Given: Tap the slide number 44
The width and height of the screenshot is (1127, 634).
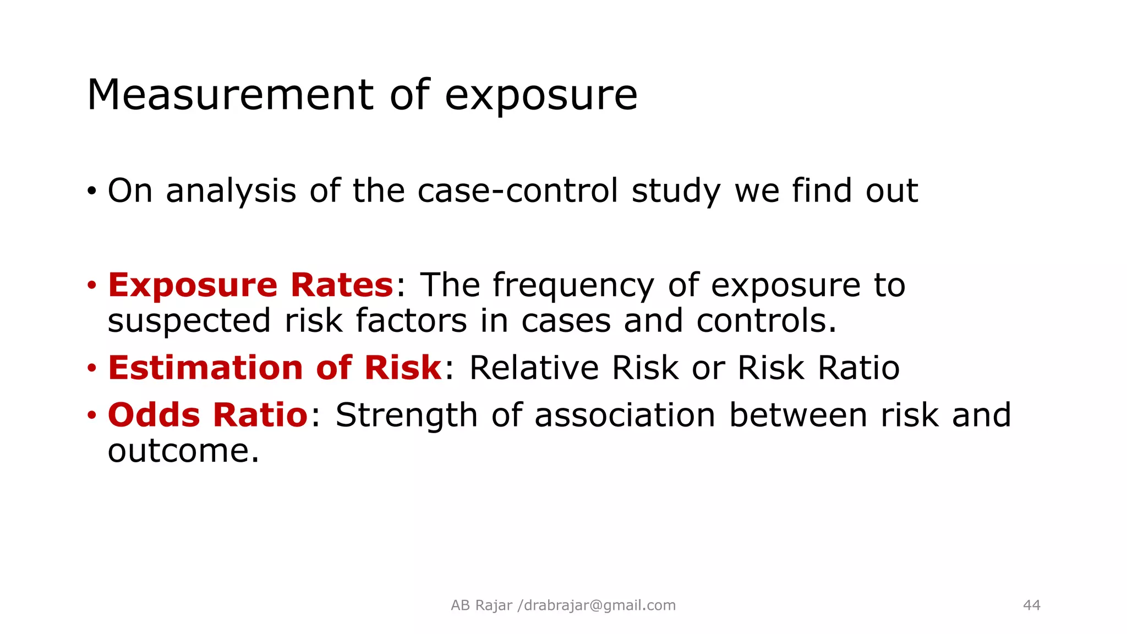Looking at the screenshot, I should click(1031, 605).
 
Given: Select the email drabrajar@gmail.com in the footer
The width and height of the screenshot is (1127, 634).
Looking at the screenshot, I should click(599, 605).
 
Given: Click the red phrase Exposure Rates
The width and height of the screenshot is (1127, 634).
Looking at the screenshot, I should click(250, 285).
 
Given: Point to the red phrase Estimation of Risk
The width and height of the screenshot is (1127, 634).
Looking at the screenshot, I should click(275, 368).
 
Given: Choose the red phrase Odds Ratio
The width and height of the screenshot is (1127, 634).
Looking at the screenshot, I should click(207, 415).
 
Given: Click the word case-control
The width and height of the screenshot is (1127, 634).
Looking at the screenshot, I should click(518, 191).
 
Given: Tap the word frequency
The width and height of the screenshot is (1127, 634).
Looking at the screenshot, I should click(573, 286).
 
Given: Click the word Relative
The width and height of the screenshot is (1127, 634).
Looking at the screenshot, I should click(534, 368).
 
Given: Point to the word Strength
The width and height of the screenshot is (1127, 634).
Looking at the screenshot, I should click(406, 415).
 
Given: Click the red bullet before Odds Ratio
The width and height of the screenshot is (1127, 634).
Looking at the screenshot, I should click(91, 415).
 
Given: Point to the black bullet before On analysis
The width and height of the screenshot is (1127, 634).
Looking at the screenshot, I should click(91, 192).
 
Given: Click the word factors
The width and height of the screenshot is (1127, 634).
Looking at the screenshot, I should click(411, 321).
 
